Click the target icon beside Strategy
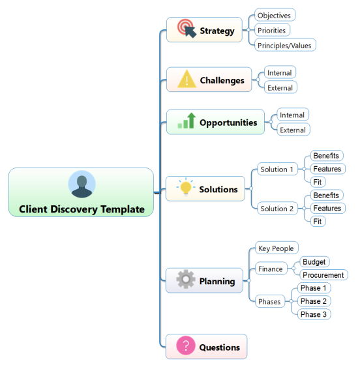click(x=187, y=28)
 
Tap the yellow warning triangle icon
click(x=187, y=79)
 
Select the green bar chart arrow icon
click(x=187, y=121)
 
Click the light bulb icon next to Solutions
click(x=186, y=186)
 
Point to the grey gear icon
click(x=186, y=279)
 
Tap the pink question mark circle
click(x=186, y=345)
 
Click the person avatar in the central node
click(x=82, y=184)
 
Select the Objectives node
click(x=275, y=15)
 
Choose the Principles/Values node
click(x=285, y=45)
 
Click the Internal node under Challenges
click(x=280, y=72)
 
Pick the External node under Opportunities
click(x=293, y=130)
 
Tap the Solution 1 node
click(x=277, y=169)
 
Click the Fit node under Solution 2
click(x=318, y=221)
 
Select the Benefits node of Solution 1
click(x=327, y=156)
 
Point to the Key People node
click(x=277, y=248)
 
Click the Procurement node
click(x=323, y=275)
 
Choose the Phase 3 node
click(x=314, y=314)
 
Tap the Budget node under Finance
click(x=314, y=261)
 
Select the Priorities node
click(x=272, y=30)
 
